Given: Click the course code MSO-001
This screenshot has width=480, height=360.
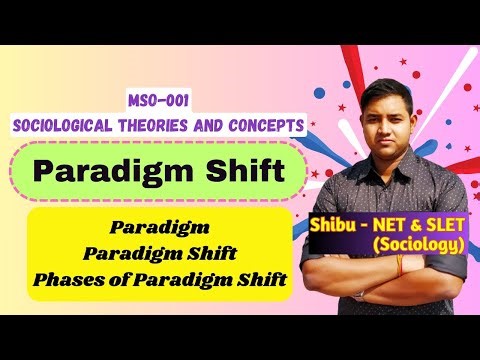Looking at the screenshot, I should pyautogui.click(x=158, y=101).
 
